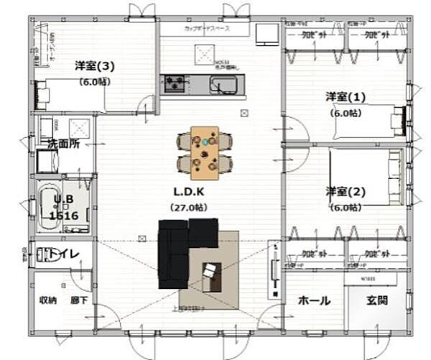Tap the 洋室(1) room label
tap(346, 97)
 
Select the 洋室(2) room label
tap(346, 192)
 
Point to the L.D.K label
tap(188, 193)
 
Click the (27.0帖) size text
tap(188, 207)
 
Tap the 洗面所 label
tap(63, 144)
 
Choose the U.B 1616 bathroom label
tap(63, 209)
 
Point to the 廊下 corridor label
tap(79, 300)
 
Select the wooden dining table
tap(205, 152)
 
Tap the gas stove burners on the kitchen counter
tap(174, 83)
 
